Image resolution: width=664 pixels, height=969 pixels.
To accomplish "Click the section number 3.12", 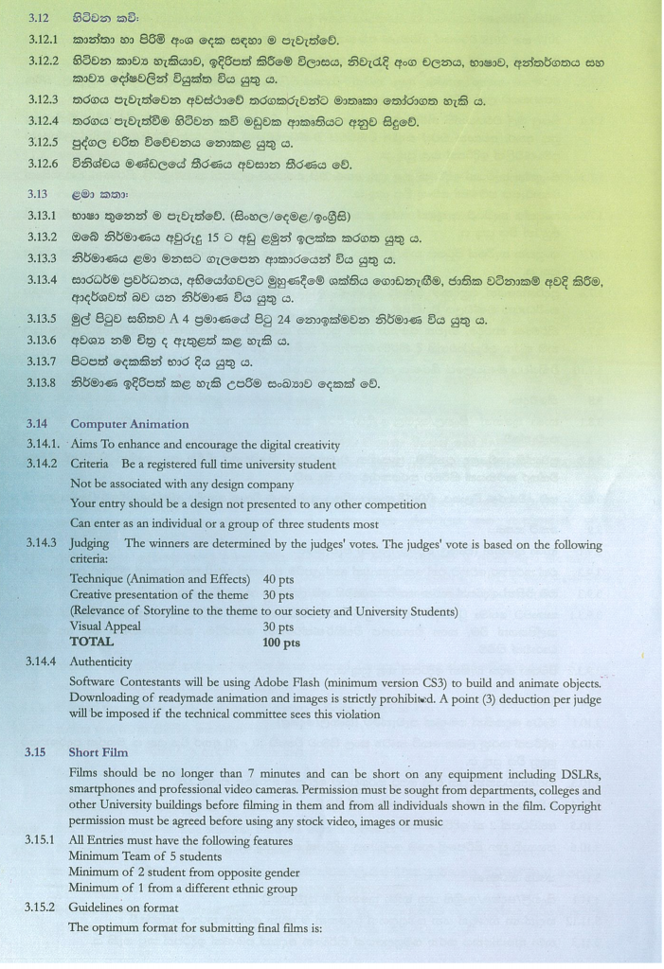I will (40, 18).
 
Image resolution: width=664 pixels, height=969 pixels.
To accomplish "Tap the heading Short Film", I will (99, 753).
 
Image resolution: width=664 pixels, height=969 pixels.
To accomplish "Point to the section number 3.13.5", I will (46, 321).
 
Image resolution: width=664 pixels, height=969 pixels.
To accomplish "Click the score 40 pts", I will (278, 578).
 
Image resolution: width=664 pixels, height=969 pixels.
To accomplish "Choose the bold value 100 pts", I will (280, 643).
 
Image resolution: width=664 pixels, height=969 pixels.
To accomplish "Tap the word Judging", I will (90, 543).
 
